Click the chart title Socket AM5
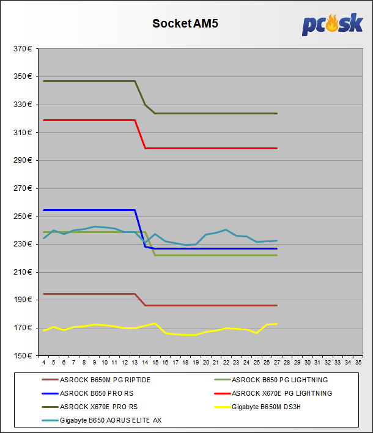coord(185,24)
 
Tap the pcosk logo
coord(332,24)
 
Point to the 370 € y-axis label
coord(23,49)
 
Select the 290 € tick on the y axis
coord(23,160)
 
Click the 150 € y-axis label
coord(23,356)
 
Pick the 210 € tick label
coord(23,272)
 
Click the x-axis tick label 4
coord(43,363)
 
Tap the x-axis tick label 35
coord(358,363)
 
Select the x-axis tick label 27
coord(277,363)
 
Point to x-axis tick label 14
coord(145,363)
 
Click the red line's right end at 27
coord(277,148)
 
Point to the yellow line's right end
coord(277,324)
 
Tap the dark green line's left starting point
coord(44,81)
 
